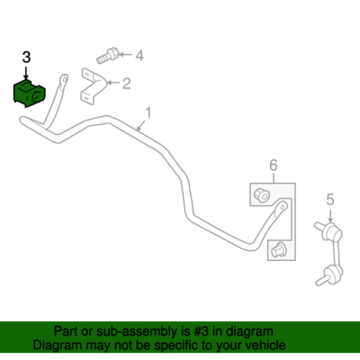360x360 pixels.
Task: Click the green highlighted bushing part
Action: point(29,93)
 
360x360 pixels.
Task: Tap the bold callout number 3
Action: point(26,58)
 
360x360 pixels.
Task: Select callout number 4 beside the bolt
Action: point(139,56)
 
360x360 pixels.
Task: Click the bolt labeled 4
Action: point(108,56)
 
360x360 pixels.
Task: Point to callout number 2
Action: point(127,84)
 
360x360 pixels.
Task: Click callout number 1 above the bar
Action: point(148,113)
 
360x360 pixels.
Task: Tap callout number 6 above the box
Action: point(274,166)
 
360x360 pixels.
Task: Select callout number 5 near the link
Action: point(330,200)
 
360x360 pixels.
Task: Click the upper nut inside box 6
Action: point(262,194)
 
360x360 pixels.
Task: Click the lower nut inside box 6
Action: point(277,249)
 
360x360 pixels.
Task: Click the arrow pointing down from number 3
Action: point(26,73)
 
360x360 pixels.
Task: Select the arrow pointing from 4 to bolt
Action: point(126,55)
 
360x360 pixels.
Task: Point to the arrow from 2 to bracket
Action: point(113,83)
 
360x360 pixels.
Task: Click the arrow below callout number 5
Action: point(330,215)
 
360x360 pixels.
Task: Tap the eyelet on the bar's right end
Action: point(282,207)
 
